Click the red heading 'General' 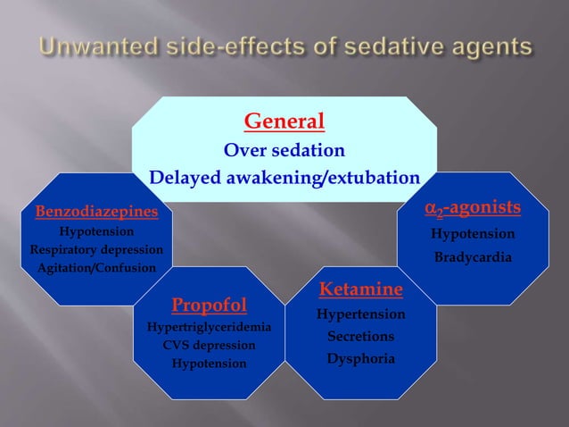(284, 121)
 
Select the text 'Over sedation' (284, 149)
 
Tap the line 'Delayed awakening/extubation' (284, 178)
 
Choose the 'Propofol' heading (210, 306)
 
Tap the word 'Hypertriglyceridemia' (210, 327)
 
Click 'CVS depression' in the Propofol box (210, 345)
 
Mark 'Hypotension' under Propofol (210, 364)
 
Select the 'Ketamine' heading (360, 290)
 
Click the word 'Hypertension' (360, 314)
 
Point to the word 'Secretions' (360, 337)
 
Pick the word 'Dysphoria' (360, 359)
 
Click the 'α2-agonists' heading (472, 208)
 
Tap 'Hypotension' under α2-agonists (473, 234)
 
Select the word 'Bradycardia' (473, 257)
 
